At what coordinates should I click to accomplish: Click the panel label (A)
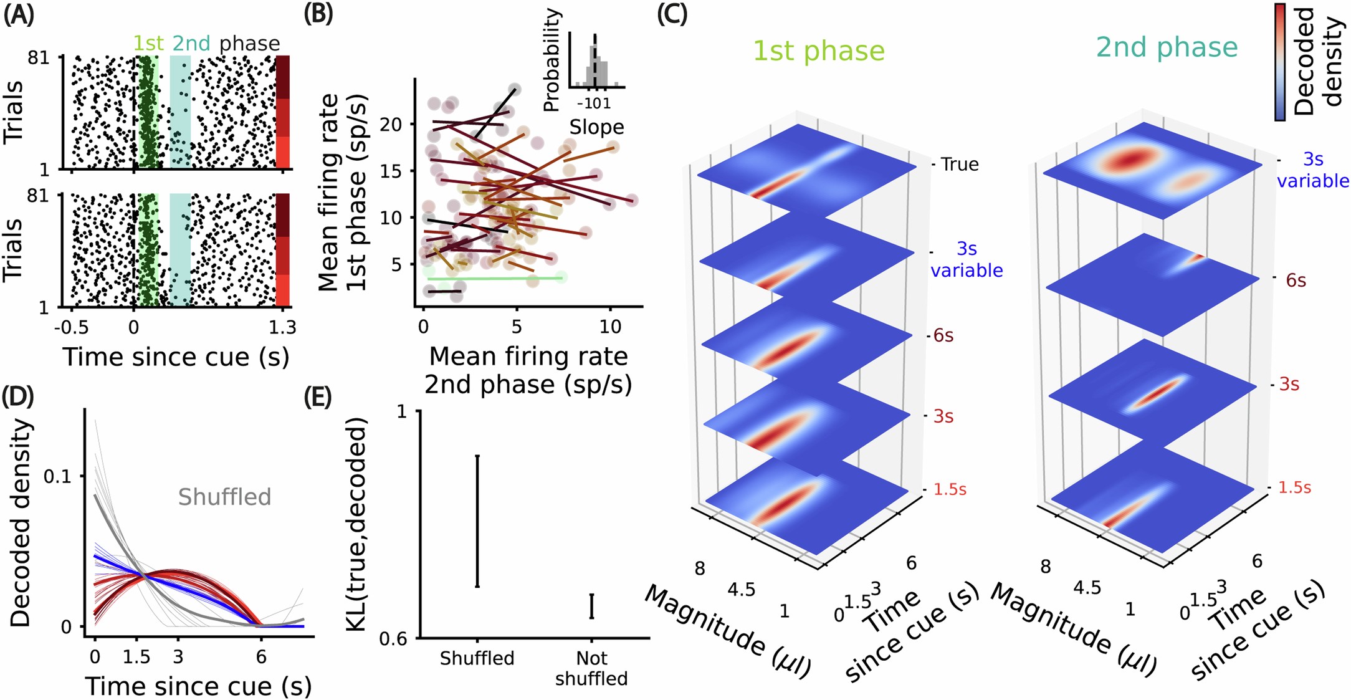[19, 14]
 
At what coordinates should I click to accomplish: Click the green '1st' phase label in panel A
[148, 43]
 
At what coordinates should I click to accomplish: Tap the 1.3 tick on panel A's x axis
[282, 327]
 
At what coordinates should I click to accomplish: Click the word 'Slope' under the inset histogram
[596, 127]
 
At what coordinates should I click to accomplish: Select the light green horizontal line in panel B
[495, 278]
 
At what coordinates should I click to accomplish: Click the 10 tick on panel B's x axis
[610, 326]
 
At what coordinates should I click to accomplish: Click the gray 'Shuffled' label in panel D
[224, 497]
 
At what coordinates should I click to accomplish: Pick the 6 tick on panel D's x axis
[261, 656]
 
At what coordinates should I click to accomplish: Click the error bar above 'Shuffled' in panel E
[477, 520]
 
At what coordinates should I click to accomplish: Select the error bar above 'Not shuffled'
[591, 606]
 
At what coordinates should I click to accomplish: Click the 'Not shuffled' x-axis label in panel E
[591, 668]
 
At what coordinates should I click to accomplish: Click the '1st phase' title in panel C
[818, 50]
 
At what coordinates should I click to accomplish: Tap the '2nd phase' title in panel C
[1167, 47]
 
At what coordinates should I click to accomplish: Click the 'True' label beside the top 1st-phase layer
[960, 165]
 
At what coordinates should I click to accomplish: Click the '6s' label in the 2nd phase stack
[1296, 280]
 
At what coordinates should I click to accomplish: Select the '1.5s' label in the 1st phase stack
[950, 489]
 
